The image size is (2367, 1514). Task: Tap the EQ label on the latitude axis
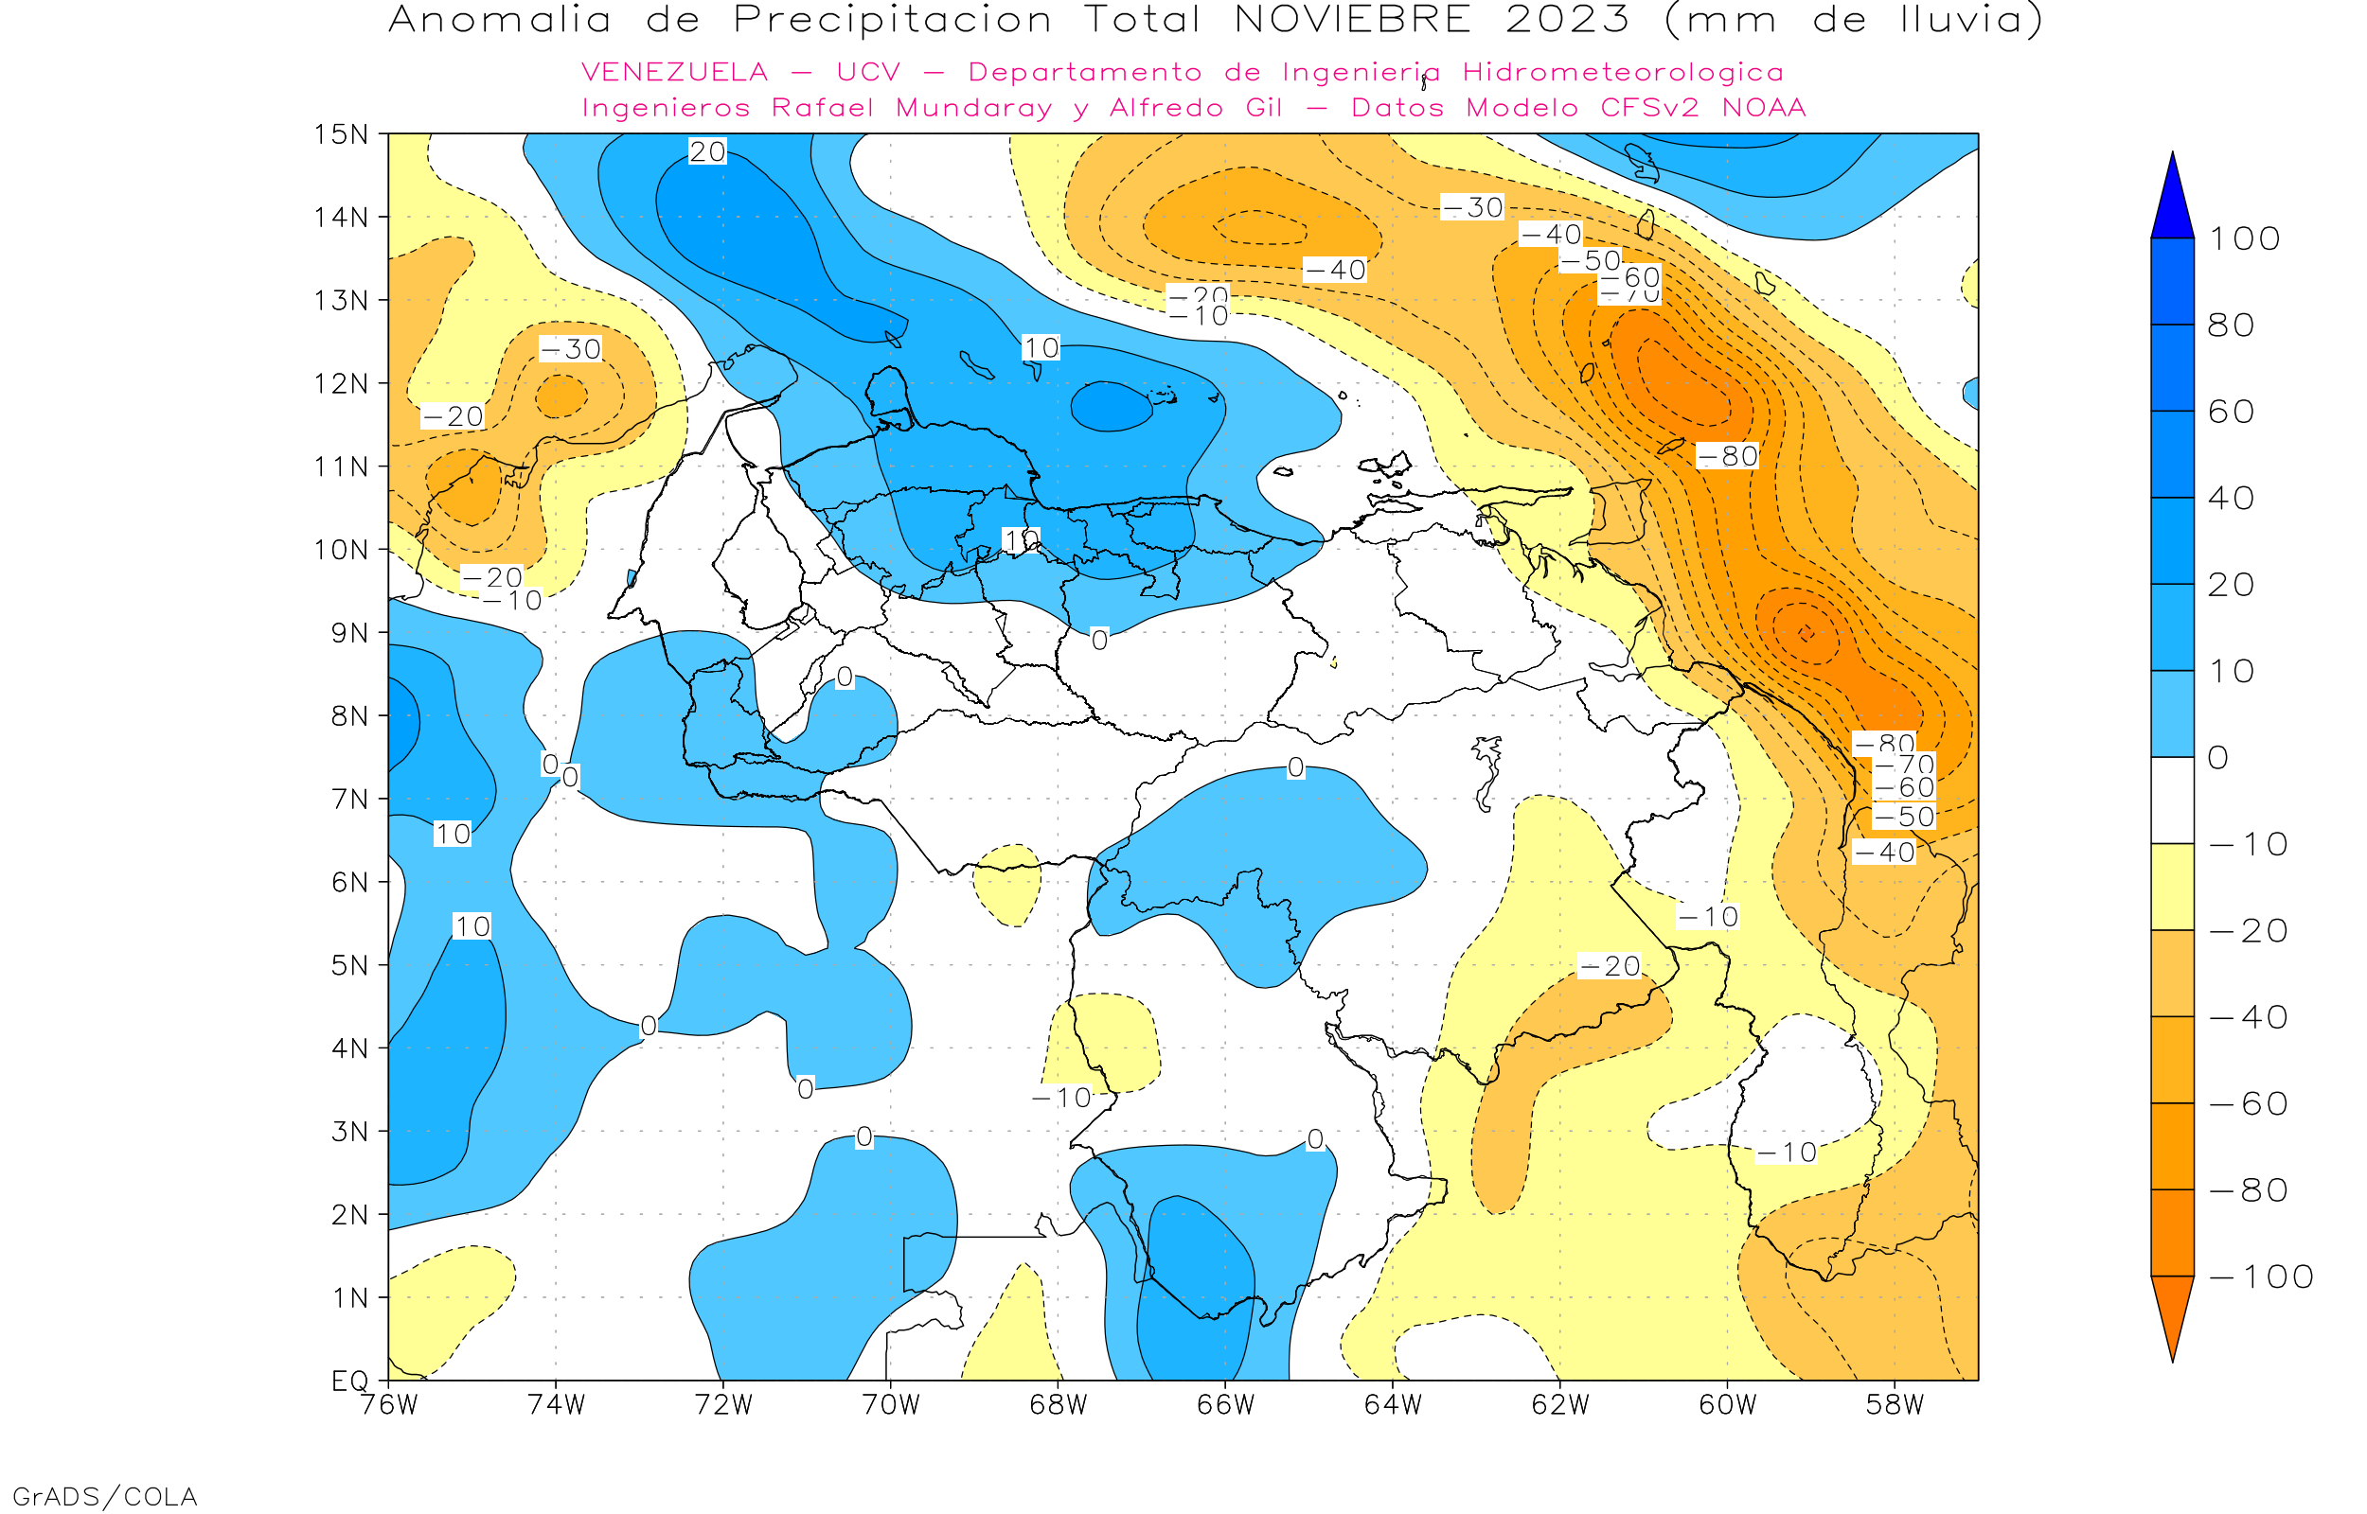point(350,1381)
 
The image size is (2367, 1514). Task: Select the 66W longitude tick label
point(1225,1405)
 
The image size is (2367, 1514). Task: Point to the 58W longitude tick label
point(1894,1405)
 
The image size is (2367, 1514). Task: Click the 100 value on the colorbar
point(2244,238)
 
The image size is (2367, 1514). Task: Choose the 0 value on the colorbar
point(2218,758)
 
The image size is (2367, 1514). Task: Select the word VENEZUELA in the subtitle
point(675,73)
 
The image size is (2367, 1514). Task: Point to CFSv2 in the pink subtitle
point(1649,108)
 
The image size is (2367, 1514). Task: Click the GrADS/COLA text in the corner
point(104,1496)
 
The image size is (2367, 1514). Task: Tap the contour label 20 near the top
point(707,151)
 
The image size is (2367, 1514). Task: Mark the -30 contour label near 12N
point(570,349)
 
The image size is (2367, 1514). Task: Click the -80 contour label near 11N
point(1728,456)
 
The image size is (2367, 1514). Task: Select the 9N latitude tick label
point(349,632)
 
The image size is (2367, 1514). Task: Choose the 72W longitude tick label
point(722,1405)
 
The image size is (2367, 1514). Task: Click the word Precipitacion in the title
point(892,20)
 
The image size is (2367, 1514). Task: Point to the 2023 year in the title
point(1568,20)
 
